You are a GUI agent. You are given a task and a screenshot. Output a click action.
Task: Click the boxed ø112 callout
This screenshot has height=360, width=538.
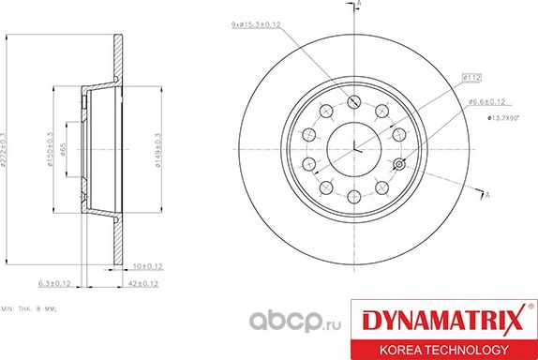[471, 76]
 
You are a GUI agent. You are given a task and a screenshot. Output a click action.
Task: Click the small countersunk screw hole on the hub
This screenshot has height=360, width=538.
[400, 166]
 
